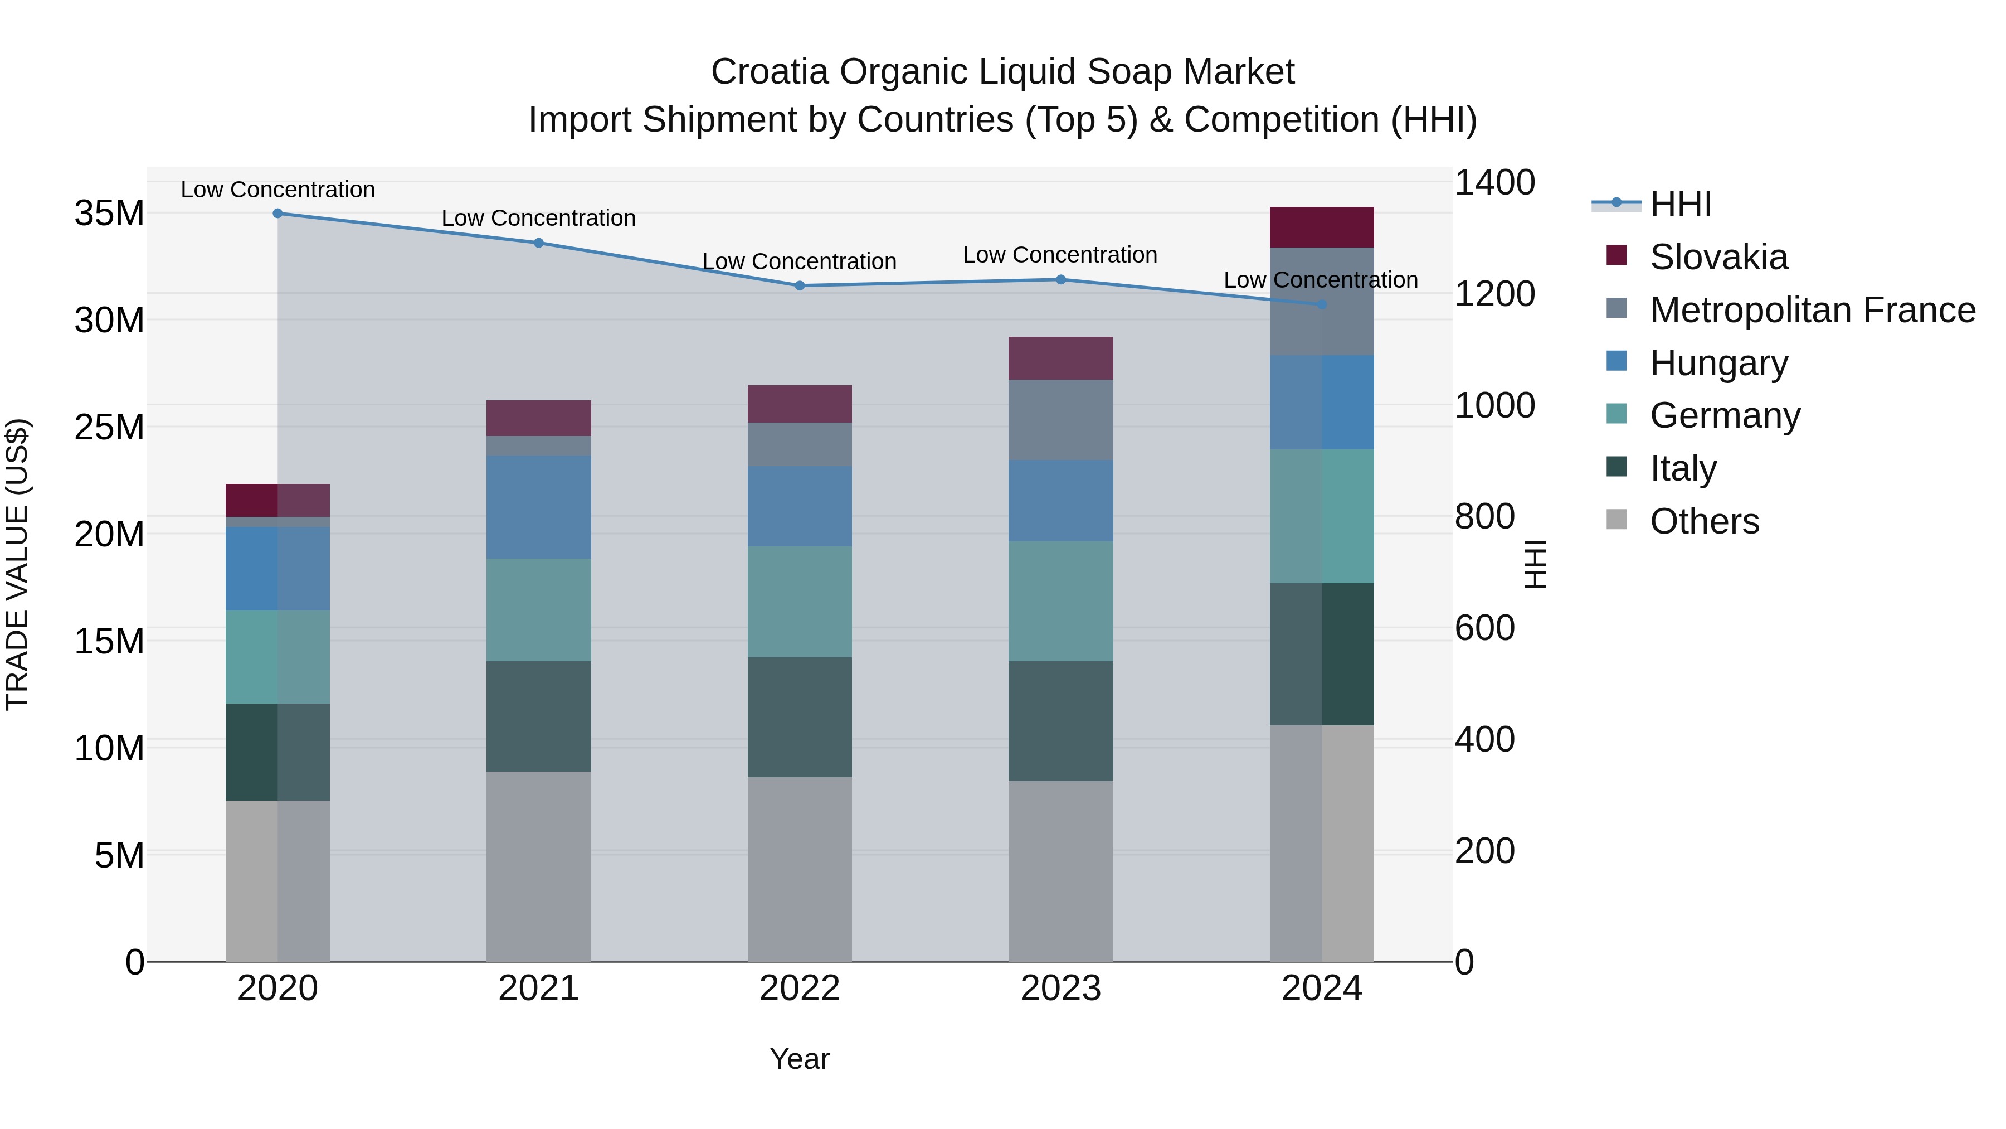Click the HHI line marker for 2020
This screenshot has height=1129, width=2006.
point(277,214)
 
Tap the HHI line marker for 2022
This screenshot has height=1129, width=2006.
point(799,286)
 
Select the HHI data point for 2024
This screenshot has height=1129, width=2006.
point(1322,304)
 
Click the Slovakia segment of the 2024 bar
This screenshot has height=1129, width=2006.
point(1322,227)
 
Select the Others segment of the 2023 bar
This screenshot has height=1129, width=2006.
point(1060,870)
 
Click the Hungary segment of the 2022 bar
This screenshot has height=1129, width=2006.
point(799,506)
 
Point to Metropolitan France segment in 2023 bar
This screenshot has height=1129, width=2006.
point(1060,420)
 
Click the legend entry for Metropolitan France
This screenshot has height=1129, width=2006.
point(1812,310)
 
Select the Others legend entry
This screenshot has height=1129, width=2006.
point(1704,521)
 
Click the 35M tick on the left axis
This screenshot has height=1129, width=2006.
point(109,214)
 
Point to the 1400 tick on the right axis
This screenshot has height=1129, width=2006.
point(1494,183)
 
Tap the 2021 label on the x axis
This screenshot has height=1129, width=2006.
point(538,989)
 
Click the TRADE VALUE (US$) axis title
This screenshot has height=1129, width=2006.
point(17,564)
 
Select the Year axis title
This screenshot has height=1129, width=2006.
point(799,1059)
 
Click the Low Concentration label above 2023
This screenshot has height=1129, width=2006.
point(1060,255)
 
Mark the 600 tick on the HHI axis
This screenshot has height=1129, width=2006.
point(1484,628)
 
